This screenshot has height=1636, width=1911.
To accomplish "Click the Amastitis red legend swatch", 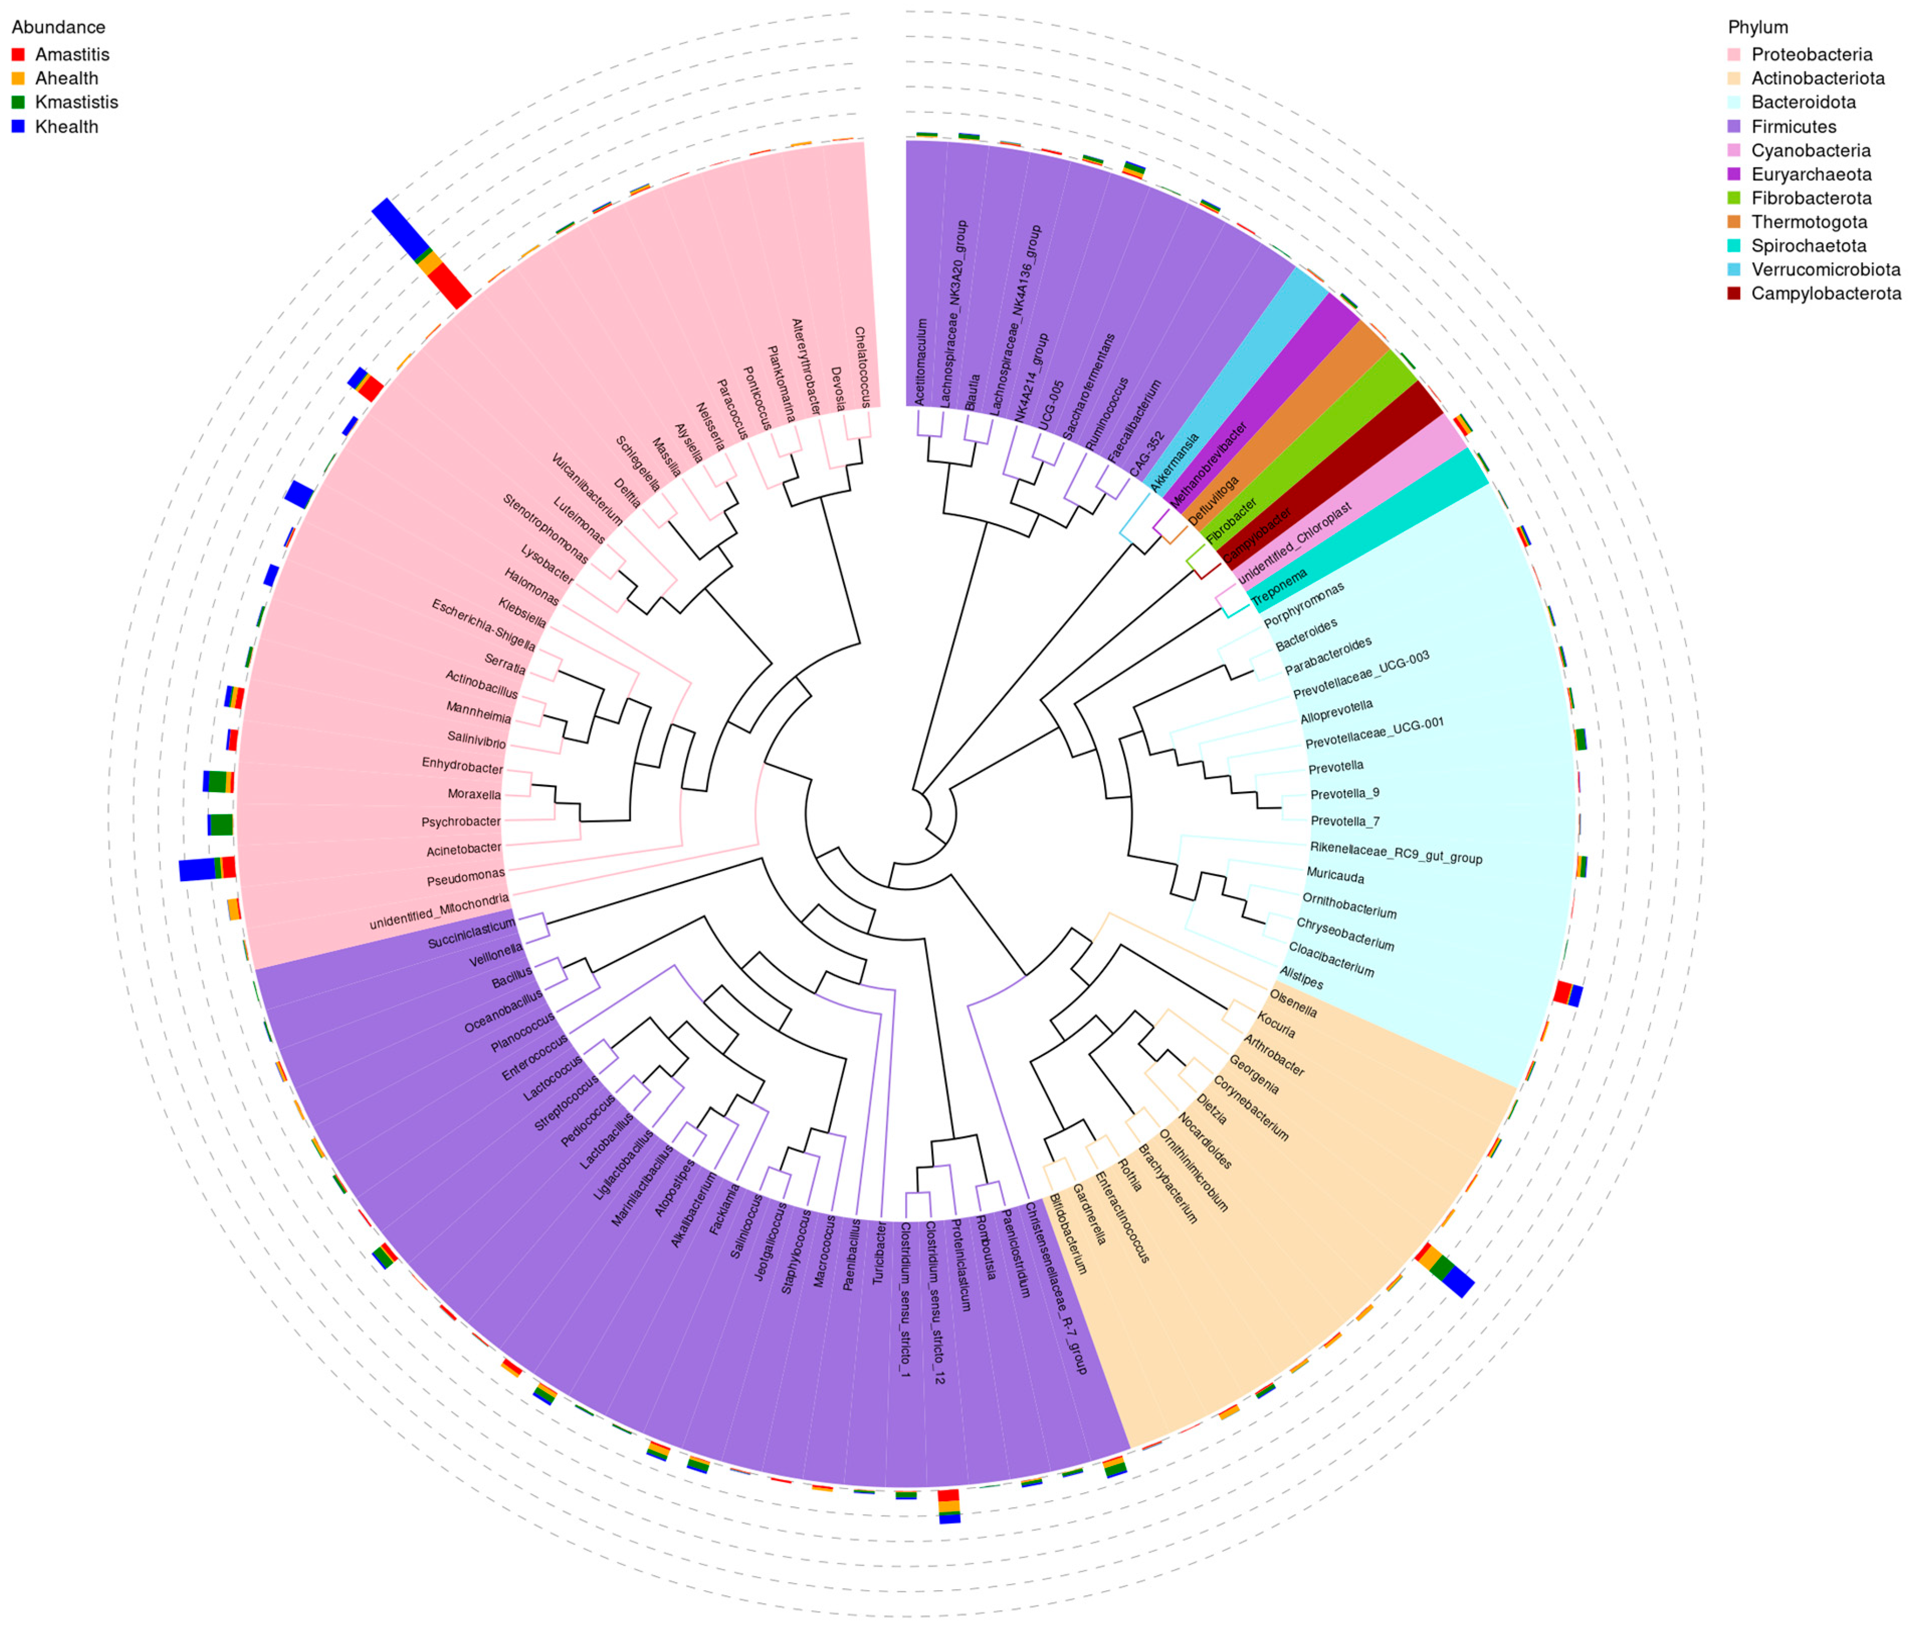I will tap(18, 54).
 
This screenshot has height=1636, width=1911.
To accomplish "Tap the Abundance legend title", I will tap(58, 28).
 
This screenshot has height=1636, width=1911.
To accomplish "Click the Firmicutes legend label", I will tap(1793, 127).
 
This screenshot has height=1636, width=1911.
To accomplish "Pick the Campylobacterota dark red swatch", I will tap(1735, 294).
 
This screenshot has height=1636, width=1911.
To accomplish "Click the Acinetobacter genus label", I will tap(464, 849).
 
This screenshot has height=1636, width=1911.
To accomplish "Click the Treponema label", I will tap(1279, 588).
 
